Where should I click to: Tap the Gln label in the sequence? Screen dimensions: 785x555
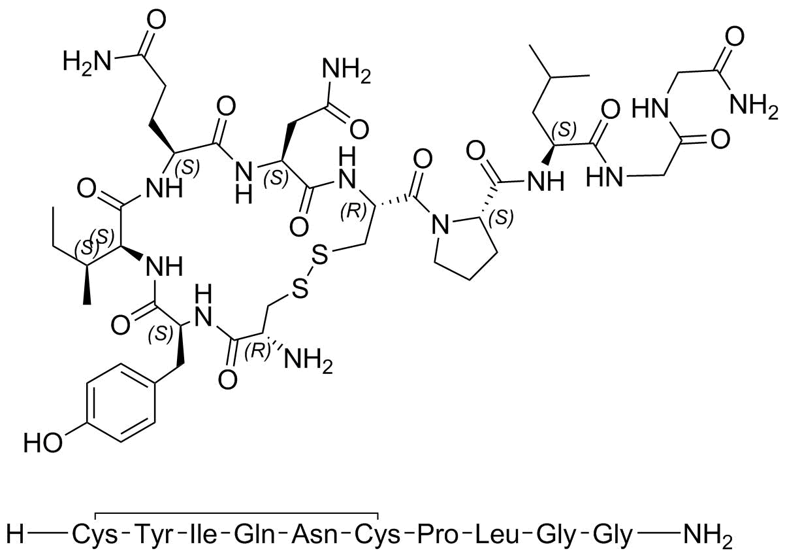255,535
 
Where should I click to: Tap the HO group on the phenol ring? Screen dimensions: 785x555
42,442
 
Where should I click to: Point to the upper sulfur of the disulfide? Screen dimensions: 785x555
319,256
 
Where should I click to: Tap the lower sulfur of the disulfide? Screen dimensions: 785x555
300,290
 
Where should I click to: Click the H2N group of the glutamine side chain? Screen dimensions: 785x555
87,60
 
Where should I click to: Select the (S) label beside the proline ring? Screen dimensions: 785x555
502,218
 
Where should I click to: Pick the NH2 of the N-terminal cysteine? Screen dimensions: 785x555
308,361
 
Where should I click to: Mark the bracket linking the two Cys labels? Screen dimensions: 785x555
236,513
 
